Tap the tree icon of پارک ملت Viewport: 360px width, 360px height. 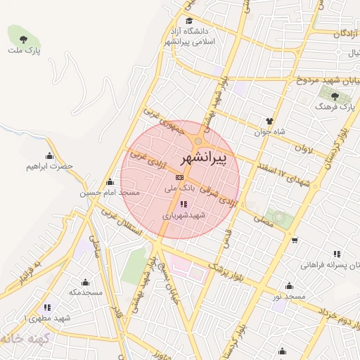pyautogui.click(x=24, y=39)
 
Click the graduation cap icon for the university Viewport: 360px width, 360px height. pyautogui.click(x=188, y=21)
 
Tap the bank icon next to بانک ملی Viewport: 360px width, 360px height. pyautogui.click(x=179, y=177)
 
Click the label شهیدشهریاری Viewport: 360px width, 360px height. pyautogui.click(x=184, y=215)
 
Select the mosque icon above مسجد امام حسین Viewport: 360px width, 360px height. pyautogui.click(x=109, y=181)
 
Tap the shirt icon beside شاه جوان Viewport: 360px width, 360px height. pyautogui.click(x=269, y=120)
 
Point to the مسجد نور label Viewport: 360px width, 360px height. pyautogui.click(x=290, y=297)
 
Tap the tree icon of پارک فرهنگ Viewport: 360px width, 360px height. pyautogui.click(x=336, y=96)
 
